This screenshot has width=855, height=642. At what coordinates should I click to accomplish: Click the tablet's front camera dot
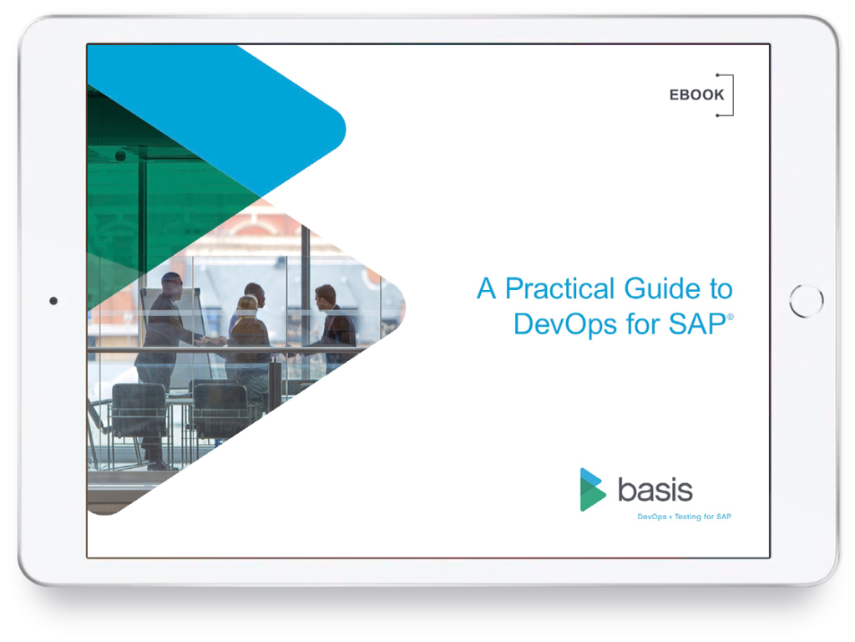pyautogui.click(x=53, y=301)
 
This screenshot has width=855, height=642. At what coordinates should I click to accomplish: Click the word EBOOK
pyautogui.click(x=696, y=95)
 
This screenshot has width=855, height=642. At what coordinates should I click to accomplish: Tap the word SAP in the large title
pyautogui.click(x=697, y=324)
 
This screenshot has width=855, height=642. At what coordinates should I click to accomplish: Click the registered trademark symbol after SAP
pyautogui.click(x=731, y=317)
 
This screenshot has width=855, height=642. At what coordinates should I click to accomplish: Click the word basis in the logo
pyautogui.click(x=655, y=490)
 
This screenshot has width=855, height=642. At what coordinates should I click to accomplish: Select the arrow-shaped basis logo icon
pyautogui.click(x=591, y=490)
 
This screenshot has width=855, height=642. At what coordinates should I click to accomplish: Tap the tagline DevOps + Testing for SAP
pyautogui.click(x=684, y=517)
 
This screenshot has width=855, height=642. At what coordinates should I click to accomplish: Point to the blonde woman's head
pyautogui.click(x=247, y=305)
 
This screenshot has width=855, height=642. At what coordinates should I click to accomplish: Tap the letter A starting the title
pyautogui.click(x=487, y=288)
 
